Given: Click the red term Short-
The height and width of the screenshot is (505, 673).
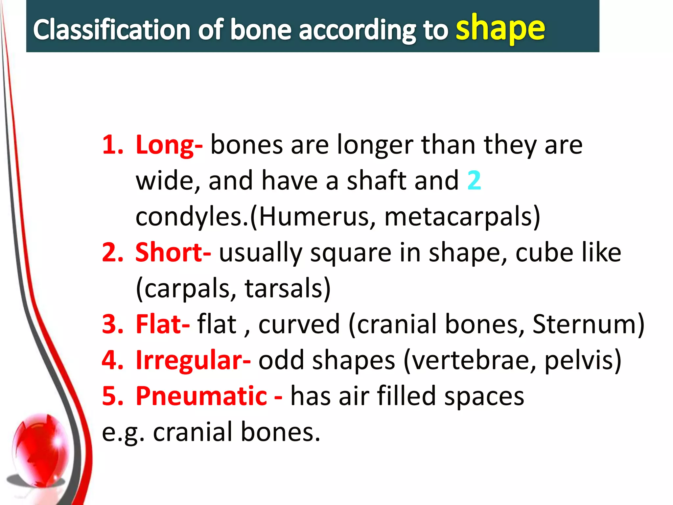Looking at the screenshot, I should click(173, 252).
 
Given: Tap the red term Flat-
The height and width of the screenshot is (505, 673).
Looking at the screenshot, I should click(162, 324).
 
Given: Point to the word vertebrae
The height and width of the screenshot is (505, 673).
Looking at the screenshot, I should click(470, 360).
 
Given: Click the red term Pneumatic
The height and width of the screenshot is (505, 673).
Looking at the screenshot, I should click(201, 396).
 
